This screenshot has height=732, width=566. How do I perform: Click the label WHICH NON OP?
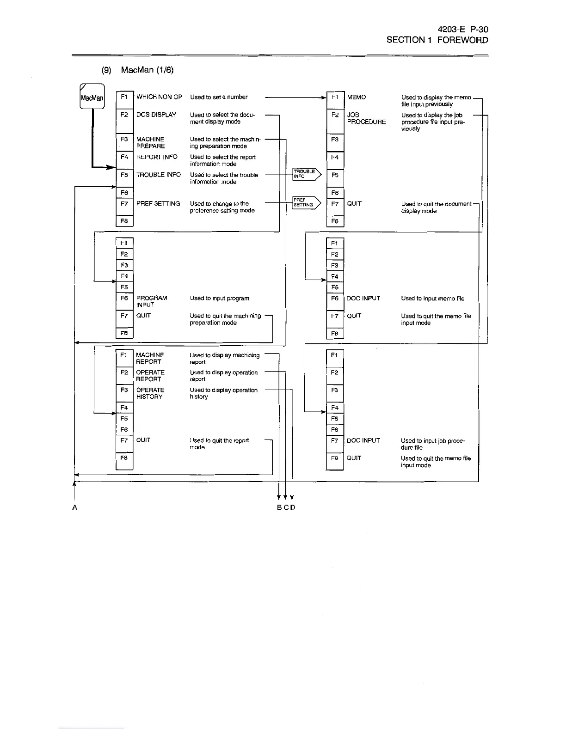[159, 97]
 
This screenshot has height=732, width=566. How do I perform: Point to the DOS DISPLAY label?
[156, 115]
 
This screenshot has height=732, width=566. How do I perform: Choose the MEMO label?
[356, 97]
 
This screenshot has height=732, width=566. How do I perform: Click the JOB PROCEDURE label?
[366, 118]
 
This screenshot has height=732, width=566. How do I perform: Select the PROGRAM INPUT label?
[151, 301]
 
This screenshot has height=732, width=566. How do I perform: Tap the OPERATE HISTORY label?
[150, 393]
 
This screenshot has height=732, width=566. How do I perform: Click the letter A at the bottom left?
[74, 507]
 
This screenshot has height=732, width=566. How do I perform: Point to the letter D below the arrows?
[293, 507]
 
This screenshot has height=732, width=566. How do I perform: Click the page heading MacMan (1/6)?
[147, 70]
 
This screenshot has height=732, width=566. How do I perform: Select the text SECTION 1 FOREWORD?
[437, 40]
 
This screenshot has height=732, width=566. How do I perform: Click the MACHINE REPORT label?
[149, 358]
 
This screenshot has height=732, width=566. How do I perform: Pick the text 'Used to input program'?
[219, 298]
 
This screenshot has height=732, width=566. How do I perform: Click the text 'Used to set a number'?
[219, 97]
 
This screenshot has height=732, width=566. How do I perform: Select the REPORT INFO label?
[157, 157]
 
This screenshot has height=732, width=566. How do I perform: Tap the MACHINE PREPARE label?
[150, 142]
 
